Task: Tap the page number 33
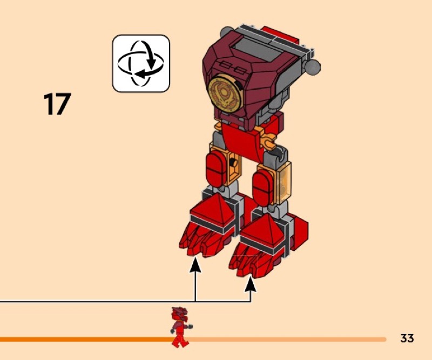(407, 338)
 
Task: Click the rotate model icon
(140, 63)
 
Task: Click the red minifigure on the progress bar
(180, 326)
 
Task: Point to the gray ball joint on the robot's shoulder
(312, 66)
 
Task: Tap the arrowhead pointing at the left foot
(195, 264)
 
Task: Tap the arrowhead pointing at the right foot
(251, 283)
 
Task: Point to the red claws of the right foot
(254, 262)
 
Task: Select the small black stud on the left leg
(233, 163)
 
